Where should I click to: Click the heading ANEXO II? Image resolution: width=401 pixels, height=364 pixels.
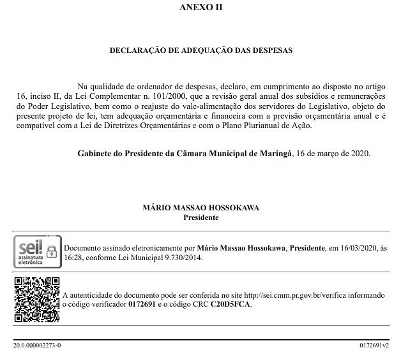point(200,8)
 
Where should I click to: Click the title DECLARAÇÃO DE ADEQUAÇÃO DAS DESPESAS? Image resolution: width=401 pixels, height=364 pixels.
point(200,50)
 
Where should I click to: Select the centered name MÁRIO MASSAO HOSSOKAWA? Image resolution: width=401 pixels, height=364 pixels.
point(200,208)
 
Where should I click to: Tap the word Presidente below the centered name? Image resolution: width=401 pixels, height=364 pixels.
point(200,217)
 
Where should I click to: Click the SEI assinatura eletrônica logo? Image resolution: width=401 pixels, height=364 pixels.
point(29,250)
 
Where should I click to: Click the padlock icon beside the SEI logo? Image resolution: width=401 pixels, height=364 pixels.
point(52,250)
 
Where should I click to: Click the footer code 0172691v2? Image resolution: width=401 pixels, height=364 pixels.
point(374,345)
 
